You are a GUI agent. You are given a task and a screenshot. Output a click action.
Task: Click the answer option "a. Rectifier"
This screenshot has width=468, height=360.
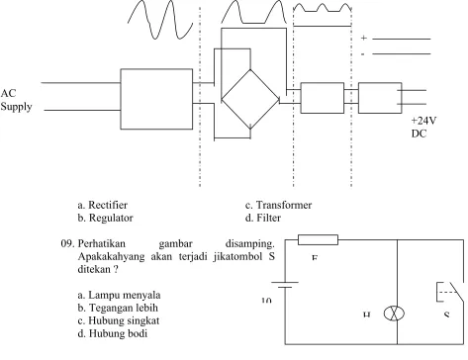(x=103, y=205)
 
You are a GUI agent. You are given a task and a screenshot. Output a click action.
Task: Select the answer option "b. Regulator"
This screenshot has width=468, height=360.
(x=106, y=218)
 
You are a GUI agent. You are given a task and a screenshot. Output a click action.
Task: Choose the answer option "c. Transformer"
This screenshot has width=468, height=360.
(x=278, y=205)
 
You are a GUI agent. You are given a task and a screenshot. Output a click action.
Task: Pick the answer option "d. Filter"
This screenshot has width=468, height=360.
(x=263, y=218)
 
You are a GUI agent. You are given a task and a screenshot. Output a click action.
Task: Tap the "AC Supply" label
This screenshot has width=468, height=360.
(x=16, y=100)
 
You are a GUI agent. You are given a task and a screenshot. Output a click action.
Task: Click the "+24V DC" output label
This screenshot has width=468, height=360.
(x=423, y=128)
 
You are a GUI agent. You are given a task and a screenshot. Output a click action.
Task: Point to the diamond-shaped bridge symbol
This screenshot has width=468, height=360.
(x=250, y=99)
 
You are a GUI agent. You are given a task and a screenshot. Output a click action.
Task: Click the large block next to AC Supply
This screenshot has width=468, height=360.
(x=156, y=99)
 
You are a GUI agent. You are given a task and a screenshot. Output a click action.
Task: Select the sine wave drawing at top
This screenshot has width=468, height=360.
(x=160, y=20)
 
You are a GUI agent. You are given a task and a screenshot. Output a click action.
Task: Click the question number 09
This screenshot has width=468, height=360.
(x=68, y=244)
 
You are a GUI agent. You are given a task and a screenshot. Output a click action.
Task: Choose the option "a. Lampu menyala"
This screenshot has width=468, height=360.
(x=119, y=295)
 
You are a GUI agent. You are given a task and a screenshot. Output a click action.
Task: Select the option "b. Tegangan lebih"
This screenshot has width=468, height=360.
(x=118, y=308)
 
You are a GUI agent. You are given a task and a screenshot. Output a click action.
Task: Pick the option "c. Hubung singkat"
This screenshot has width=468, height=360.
(x=119, y=320)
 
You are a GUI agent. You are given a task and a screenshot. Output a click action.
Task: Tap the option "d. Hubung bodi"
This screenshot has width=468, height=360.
(x=113, y=333)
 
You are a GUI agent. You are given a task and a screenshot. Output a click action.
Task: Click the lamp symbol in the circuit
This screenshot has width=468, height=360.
(x=394, y=314)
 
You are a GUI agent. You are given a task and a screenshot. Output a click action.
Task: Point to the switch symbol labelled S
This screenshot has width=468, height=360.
(x=450, y=292)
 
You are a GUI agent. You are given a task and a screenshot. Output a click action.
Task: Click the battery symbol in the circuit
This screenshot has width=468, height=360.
(x=285, y=285)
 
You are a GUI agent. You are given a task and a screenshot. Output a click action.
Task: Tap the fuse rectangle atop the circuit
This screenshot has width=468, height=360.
(x=318, y=239)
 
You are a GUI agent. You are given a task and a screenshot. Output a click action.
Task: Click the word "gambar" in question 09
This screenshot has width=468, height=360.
(x=175, y=244)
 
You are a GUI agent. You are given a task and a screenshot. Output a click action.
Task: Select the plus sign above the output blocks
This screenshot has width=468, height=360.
(x=363, y=38)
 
